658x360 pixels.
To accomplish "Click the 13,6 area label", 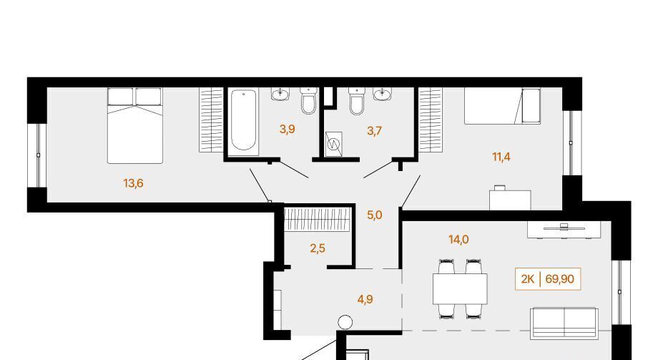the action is click(x=134, y=183).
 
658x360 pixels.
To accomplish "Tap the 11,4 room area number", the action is click(x=501, y=157).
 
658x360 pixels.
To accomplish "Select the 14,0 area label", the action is click(x=458, y=240).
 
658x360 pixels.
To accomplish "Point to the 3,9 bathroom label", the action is click(x=288, y=130).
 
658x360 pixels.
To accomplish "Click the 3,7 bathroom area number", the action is click(x=374, y=131).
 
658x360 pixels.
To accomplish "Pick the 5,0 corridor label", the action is click(x=375, y=215).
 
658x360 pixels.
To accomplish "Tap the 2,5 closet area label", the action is click(x=318, y=248).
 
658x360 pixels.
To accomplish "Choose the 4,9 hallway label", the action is click(x=365, y=299).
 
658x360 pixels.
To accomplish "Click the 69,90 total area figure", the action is click(x=560, y=278).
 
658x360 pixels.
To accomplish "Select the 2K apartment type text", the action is click(x=528, y=278).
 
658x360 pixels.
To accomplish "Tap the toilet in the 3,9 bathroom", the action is click(x=308, y=101).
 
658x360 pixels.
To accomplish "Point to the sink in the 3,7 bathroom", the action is click(x=383, y=94).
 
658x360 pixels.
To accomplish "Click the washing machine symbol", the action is click(x=333, y=145).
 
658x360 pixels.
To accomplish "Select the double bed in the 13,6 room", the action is click(x=134, y=125).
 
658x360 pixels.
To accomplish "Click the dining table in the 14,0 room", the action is click(x=460, y=288).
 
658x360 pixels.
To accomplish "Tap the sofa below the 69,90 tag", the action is click(x=564, y=323).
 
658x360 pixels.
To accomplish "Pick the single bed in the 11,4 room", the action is click(x=502, y=106).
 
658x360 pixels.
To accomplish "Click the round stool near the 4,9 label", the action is click(x=345, y=323).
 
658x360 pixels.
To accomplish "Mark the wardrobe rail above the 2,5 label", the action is click(x=317, y=220).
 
